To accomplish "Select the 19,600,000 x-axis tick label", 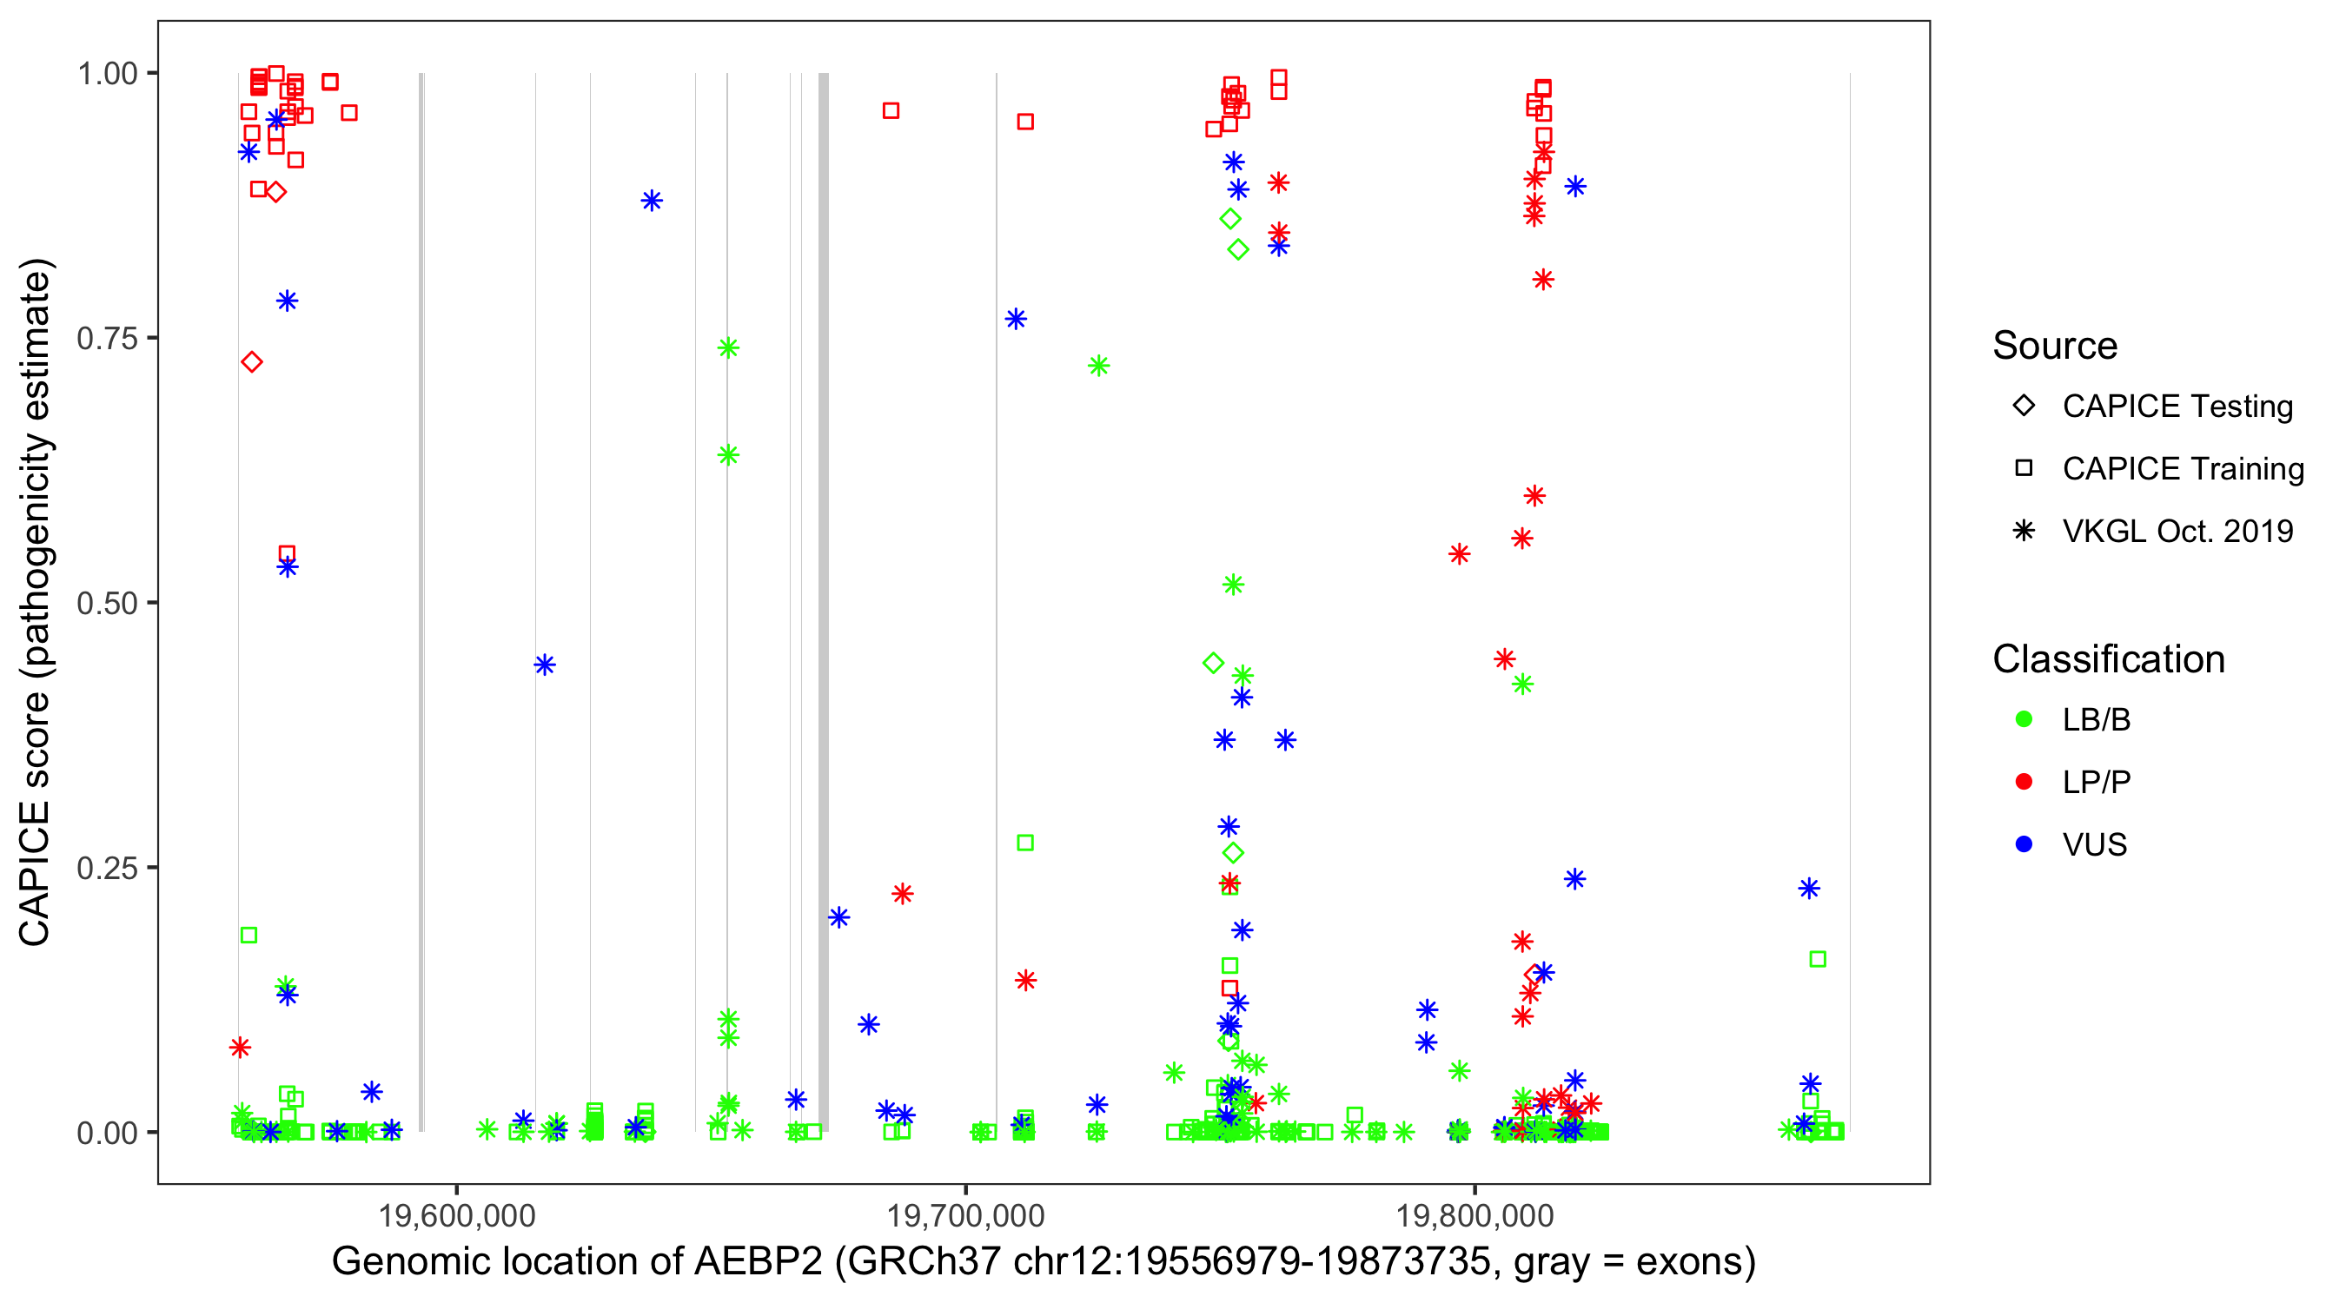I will tap(456, 1215).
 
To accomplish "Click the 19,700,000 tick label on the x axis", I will tap(965, 1215).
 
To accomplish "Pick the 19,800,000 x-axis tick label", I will tap(1475, 1215).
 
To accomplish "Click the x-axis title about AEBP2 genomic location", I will tap(1044, 1262).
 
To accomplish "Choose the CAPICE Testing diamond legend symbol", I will tap(2024, 407).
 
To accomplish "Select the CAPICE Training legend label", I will tap(2183, 469).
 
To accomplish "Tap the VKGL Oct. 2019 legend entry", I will tap(2177, 532).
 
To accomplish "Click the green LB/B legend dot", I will tap(2024, 720).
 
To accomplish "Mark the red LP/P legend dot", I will tap(2024, 782).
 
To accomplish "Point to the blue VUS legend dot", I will tap(2024, 845).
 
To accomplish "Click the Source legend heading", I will tap(2055, 346).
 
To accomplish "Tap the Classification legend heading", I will tap(2108, 659).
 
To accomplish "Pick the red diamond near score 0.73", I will tap(252, 362).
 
